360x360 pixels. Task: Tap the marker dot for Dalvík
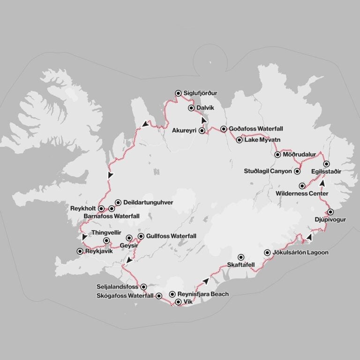pos(191,108)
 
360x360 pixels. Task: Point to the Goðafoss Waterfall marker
pos(224,129)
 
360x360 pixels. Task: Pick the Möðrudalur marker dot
pos(278,155)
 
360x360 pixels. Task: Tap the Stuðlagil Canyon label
pos(268,172)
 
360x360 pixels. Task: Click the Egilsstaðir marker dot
pos(327,164)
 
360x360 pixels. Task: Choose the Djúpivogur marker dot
pos(330,212)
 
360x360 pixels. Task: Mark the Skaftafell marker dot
pos(241,257)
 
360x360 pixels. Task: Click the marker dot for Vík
pos(178,302)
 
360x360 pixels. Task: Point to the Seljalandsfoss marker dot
pos(143,286)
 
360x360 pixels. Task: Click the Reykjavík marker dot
pos(79,251)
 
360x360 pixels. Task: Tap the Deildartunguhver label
pos(148,202)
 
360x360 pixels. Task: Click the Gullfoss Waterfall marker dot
pos(141,236)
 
